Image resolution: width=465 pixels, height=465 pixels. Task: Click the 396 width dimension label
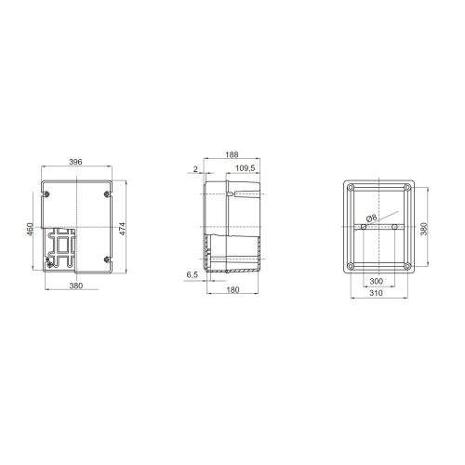pyautogui.click(x=75, y=162)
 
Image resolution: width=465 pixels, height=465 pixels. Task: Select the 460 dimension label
pyautogui.click(x=31, y=229)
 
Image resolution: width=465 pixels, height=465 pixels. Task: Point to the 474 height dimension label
pyautogui.click(x=123, y=229)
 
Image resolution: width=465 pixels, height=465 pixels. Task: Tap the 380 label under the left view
pyautogui.click(x=76, y=286)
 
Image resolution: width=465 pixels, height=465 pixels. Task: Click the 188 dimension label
pyautogui.click(x=232, y=154)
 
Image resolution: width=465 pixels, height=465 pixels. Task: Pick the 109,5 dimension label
pyautogui.click(x=246, y=168)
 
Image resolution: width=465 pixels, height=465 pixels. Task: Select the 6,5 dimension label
pyautogui.click(x=193, y=274)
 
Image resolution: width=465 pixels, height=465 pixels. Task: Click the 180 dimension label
pyautogui.click(x=232, y=290)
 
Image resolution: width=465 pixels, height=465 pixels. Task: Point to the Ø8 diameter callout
pyautogui.click(x=371, y=219)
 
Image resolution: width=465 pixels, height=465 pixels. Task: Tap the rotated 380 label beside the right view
pyautogui.click(x=424, y=229)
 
